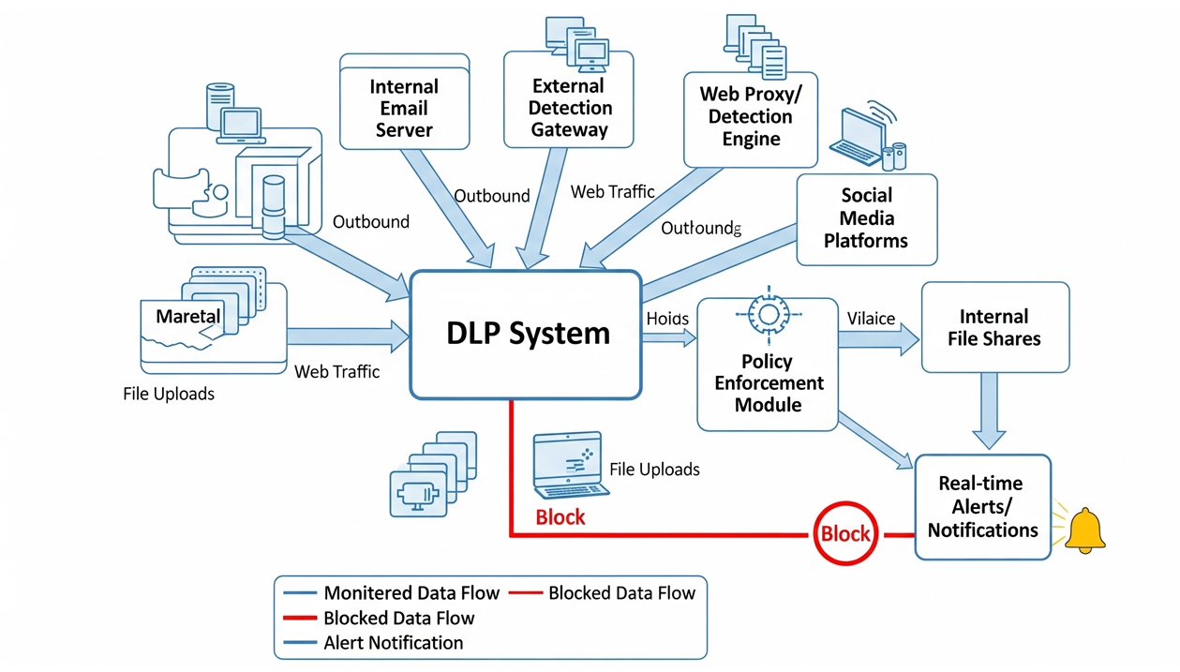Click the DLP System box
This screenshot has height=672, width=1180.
pos(526,335)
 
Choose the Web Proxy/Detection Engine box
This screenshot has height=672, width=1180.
pos(750,117)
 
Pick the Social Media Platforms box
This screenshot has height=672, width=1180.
pos(866,218)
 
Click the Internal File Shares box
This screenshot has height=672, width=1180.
pos(994,327)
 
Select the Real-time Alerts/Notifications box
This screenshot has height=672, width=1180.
pos(982,507)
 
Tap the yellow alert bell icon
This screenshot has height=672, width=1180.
pos(1085,530)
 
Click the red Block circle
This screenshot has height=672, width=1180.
pos(845,534)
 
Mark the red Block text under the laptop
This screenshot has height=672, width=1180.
pos(560,516)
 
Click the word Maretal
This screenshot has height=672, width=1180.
pos(188,317)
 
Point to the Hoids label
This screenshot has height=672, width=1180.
pos(667,319)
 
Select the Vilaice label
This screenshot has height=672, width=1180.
pos(871,319)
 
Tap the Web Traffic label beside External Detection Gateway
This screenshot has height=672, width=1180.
pos(612,192)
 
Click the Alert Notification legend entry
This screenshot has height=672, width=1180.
pos(393,643)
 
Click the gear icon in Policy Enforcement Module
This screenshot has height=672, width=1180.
pos(768,314)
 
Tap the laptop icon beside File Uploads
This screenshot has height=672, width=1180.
pos(569,465)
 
